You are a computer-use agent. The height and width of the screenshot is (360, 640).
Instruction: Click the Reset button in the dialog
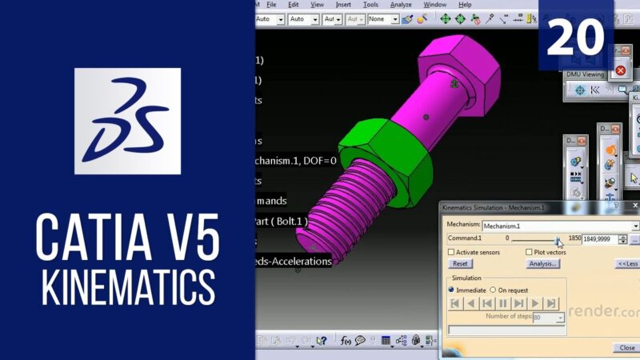(x=460, y=263)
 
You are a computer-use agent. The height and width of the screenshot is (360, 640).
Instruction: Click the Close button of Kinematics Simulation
(x=627, y=348)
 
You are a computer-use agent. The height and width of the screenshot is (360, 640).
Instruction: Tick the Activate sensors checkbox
(x=452, y=252)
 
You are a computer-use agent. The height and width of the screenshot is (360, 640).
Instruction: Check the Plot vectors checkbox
(x=530, y=252)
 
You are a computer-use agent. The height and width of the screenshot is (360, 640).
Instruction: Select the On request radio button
(x=493, y=290)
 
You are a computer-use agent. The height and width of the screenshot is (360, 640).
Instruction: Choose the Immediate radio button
(x=452, y=290)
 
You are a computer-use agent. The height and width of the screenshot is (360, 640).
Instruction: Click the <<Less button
(x=627, y=263)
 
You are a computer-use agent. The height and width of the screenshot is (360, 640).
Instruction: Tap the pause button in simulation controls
(x=503, y=303)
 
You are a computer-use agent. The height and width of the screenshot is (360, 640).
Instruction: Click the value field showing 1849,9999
(x=604, y=239)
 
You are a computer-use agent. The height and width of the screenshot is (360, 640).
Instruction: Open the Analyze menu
(x=402, y=5)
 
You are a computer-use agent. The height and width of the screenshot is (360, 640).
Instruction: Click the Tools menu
(x=370, y=5)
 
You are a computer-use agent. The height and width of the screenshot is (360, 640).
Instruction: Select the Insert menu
(x=343, y=5)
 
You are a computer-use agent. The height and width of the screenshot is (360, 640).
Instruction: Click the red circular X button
(x=620, y=71)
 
